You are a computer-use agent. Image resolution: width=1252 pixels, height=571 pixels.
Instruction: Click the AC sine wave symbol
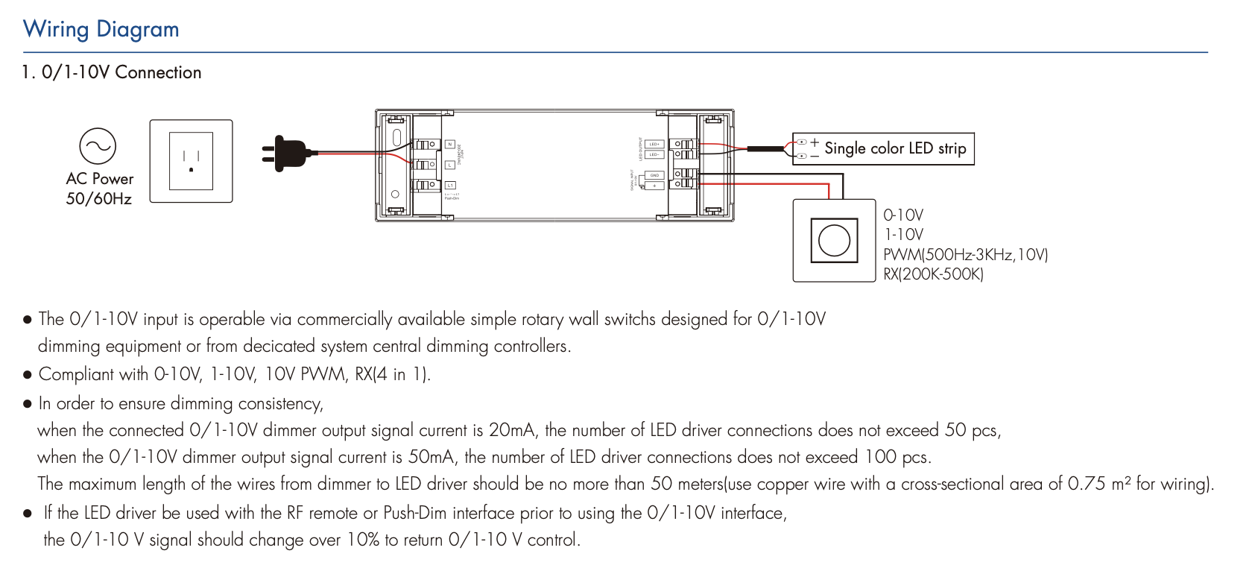tap(98, 146)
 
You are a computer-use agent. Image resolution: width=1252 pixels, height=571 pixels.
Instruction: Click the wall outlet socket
tap(192, 161)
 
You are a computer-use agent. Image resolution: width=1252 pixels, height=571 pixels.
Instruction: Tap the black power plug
tap(286, 153)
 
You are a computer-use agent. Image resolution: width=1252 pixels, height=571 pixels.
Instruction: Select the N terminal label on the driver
tap(449, 145)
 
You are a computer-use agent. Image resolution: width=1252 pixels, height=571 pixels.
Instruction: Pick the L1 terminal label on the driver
tap(450, 185)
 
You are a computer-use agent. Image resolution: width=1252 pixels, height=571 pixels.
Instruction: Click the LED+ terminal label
tap(654, 145)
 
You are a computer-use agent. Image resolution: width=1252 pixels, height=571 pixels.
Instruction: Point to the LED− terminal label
tap(654, 155)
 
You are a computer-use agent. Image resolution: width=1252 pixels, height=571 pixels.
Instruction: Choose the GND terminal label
tap(654, 175)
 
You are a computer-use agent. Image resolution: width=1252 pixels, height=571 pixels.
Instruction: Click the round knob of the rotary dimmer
tap(834, 240)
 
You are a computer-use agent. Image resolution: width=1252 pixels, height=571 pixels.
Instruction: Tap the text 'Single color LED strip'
tap(895, 148)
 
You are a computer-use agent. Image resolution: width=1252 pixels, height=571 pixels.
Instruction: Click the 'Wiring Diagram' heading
tap(101, 29)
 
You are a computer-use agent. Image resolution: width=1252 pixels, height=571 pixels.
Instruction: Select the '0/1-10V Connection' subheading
tap(121, 72)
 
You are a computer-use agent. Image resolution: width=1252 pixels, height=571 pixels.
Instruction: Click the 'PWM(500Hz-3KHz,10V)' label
tap(965, 255)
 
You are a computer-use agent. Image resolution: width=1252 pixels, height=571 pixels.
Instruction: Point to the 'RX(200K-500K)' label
tap(933, 274)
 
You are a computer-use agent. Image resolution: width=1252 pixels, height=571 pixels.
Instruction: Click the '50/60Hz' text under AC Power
tap(99, 199)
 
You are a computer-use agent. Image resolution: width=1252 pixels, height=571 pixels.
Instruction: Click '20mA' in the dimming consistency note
tap(512, 430)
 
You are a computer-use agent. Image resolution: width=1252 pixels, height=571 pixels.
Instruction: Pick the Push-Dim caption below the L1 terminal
tap(452, 198)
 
